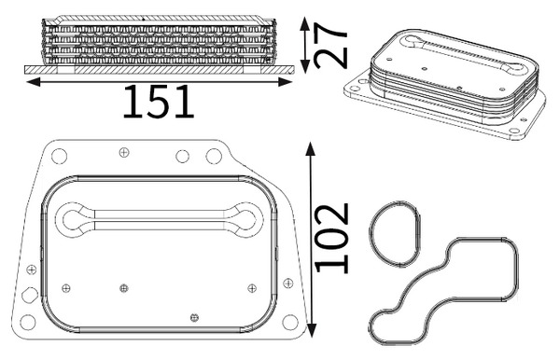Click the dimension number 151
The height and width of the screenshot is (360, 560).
click(159, 102)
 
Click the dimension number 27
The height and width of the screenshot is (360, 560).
click(330, 46)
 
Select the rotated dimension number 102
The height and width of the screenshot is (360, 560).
click(331, 239)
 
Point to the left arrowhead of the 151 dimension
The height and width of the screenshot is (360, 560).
click(34, 82)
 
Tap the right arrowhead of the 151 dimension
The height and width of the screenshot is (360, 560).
click(286, 82)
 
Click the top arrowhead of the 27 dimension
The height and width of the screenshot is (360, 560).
click(304, 23)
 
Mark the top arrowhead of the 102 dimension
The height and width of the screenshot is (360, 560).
click(311, 149)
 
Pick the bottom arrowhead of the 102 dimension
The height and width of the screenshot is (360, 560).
click(312, 330)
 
